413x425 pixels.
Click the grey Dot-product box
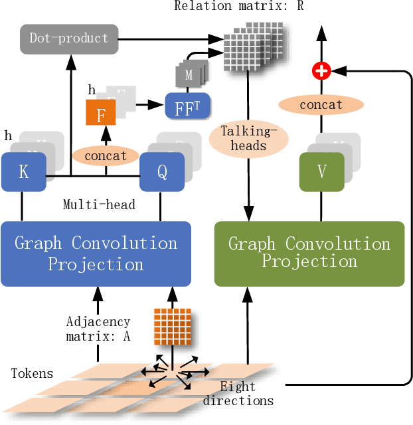pyautogui.click(x=69, y=39)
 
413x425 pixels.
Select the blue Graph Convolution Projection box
pyautogui.click(x=96, y=254)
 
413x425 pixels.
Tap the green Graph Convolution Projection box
pyautogui.click(x=309, y=254)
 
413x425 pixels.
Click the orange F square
pyautogui.click(x=101, y=115)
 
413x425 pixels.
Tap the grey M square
pyautogui.click(x=189, y=76)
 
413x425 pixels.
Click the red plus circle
pyautogui.click(x=321, y=70)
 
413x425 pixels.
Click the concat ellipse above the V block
pyautogui.click(x=321, y=105)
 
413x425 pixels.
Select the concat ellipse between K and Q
pyautogui.click(x=106, y=156)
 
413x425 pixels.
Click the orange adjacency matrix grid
pyautogui.click(x=172, y=325)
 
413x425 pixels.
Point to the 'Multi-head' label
pyautogui.click(x=100, y=204)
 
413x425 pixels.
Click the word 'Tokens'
pyautogui.click(x=32, y=373)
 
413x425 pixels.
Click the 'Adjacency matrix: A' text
pyautogui.click(x=98, y=329)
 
